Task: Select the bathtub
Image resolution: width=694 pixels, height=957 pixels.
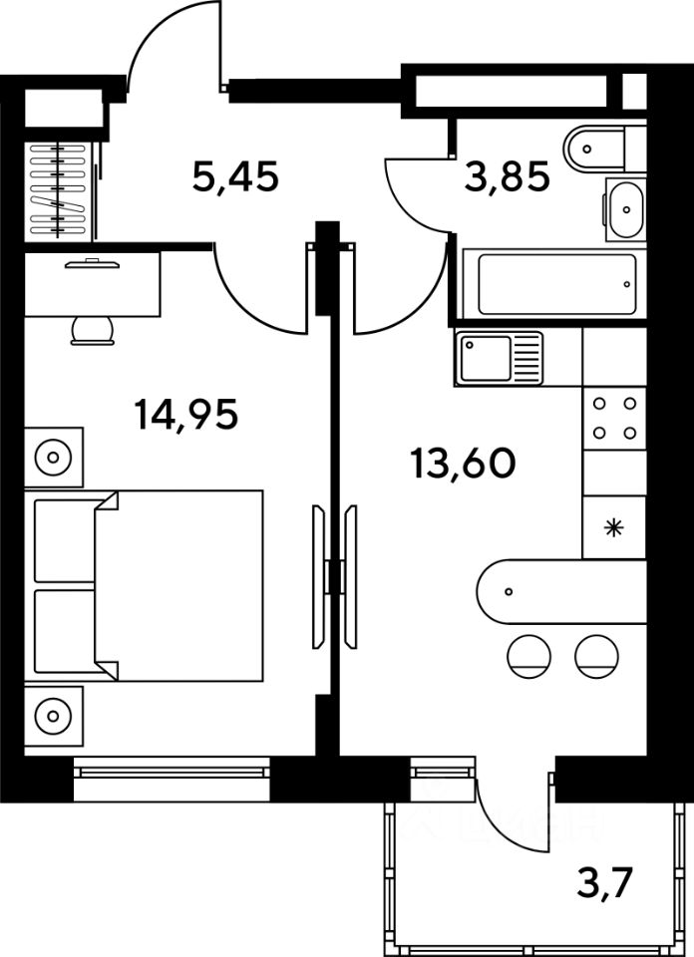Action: (550, 283)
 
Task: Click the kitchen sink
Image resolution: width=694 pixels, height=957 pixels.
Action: (486, 358)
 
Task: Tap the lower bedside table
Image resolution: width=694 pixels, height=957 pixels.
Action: (50, 714)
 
